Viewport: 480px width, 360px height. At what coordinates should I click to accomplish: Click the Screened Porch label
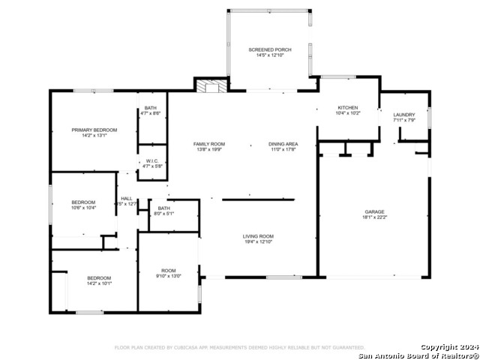(270, 49)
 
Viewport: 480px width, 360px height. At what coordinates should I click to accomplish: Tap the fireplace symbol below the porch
(210, 85)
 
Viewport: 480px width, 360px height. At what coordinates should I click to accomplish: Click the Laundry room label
(404, 115)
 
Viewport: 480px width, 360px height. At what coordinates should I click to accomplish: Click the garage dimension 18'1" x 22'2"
(375, 217)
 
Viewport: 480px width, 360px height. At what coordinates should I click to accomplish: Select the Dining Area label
(283, 143)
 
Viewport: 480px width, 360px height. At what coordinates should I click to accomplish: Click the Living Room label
(257, 236)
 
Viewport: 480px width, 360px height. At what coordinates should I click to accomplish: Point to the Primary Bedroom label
(94, 130)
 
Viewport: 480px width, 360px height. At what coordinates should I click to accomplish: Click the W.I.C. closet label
(151, 160)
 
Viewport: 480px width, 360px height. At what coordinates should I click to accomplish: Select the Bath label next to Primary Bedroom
(151, 108)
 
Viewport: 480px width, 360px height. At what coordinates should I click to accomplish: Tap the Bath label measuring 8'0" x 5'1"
(164, 208)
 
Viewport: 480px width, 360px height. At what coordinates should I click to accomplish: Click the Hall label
(127, 198)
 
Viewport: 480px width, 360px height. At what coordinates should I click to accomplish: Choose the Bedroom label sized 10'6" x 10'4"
(83, 202)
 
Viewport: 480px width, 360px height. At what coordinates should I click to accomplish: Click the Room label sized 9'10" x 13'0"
(169, 270)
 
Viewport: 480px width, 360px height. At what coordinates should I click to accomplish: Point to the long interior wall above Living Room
(259, 199)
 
